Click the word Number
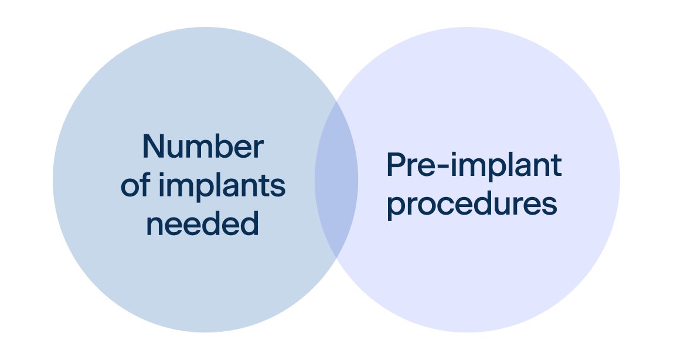(202, 147)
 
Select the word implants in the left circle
(221, 186)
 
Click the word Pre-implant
(474, 167)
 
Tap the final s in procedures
(550, 206)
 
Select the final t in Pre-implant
(556, 167)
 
